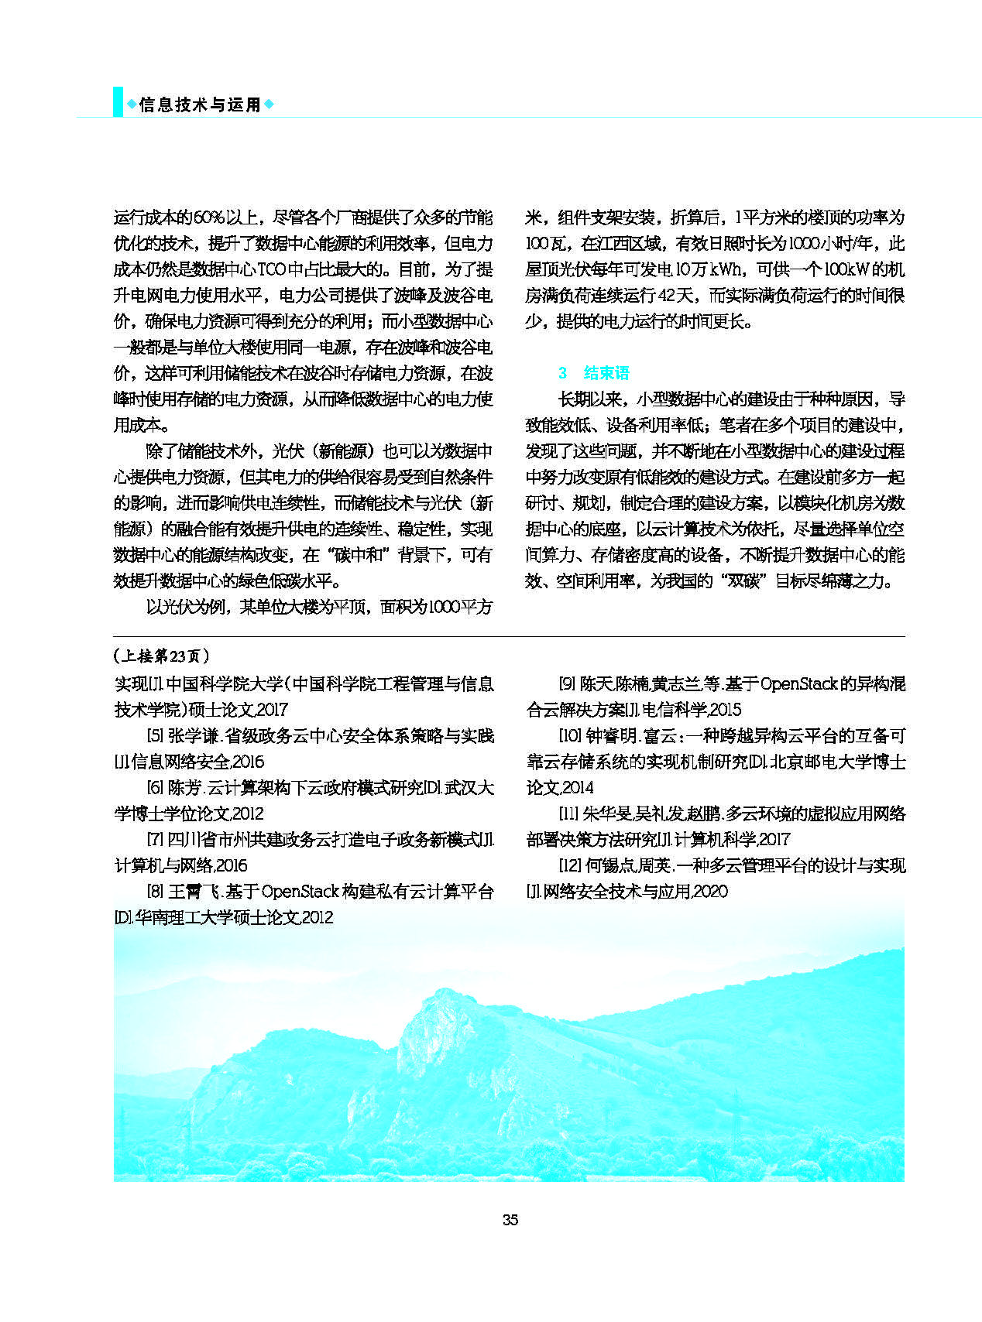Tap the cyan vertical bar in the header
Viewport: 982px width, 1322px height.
pyautogui.click(x=118, y=101)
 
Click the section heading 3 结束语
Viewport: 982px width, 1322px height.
pyautogui.click(x=594, y=373)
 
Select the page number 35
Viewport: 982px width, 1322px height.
pyautogui.click(x=510, y=1220)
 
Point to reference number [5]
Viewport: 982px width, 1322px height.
pyautogui.click(x=155, y=736)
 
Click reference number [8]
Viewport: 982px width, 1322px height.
pyautogui.click(x=155, y=892)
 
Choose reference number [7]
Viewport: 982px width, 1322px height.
pyautogui.click(x=155, y=840)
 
